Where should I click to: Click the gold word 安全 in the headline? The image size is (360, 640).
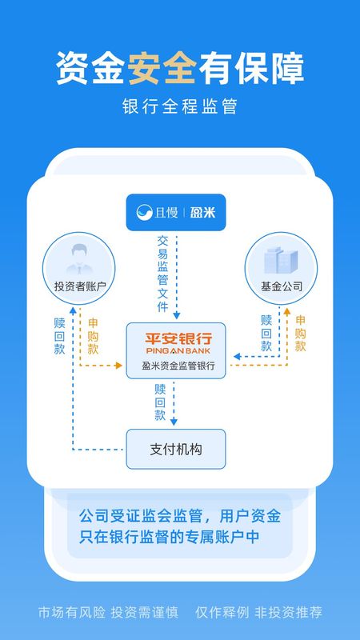(162, 69)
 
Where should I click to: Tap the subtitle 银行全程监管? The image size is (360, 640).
(179, 106)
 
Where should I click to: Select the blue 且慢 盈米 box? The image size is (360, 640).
(176, 212)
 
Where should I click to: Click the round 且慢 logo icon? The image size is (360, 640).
(144, 212)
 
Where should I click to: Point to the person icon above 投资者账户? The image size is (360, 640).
(79, 259)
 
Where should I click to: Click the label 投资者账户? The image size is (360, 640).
(80, 286)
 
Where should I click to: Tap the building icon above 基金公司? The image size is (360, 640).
(281, 260)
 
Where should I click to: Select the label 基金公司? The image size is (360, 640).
(282, 286)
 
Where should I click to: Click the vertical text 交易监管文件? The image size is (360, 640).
(163, 274)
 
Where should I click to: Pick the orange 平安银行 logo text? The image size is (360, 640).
(178, 338)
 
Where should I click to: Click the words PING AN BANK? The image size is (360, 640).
(178, 350)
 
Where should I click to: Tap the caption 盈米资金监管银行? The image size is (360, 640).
(178, 366)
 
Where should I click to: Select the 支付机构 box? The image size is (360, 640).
(176, 449)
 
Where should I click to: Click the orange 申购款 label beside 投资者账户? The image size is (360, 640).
(93, 336)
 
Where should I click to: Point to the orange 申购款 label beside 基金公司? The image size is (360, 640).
(301, 334)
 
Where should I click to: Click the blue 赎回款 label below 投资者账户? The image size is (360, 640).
(59, 336)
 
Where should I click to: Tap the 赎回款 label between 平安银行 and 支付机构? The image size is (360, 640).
(160, 402)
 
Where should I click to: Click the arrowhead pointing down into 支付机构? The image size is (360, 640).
(174, 422)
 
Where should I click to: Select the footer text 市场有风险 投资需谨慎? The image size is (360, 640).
(108, 612)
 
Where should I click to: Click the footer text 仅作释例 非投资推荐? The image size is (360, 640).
(258, 612)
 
